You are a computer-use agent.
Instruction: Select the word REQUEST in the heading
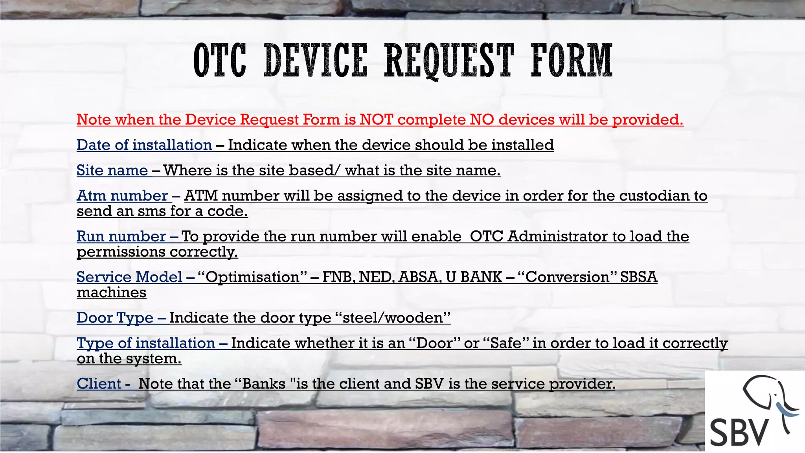(449, 61)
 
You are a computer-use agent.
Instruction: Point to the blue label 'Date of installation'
(144, 145)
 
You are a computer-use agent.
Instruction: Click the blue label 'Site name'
(112, 170)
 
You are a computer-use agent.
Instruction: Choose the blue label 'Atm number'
(122, 196)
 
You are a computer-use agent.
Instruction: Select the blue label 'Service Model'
(129, 277)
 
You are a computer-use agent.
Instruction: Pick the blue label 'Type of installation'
(146, 343)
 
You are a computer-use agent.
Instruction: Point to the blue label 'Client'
(99, 384)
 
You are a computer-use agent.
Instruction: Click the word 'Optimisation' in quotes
(253, 277)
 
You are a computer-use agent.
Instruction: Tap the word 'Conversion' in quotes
(567, 277)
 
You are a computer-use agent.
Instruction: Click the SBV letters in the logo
(739, 431)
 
